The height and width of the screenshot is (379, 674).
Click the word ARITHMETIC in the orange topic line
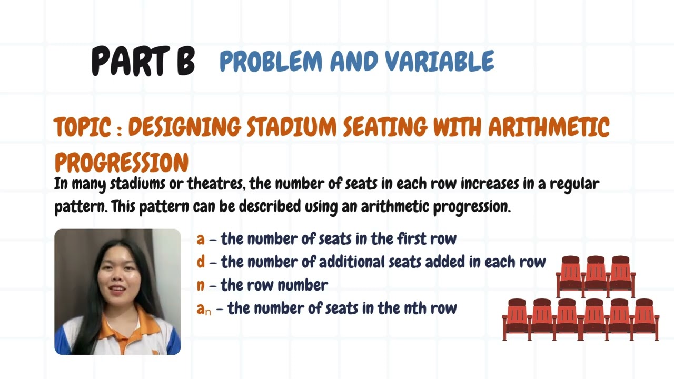pyautogui.click(x=549, y=127)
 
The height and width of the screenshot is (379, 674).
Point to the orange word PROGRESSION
pyautogui.click(x=122, y=163)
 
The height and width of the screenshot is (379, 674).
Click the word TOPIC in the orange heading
pyautogui.click(x=82, y=127)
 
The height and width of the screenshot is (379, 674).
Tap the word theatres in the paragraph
pyautogui.click(x=217, y=184)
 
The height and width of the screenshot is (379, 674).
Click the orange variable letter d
pyautogui.click(x=201, y=262)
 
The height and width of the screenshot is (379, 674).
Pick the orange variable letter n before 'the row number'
pyautogui.click(x=201, y=285)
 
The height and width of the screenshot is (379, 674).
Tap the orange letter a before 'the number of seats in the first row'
pyautogui.click(x=201, y=239)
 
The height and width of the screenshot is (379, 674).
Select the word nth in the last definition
pyautogui.click(x=415, y=308)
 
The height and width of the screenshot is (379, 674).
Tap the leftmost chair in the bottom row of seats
pyautogui.click(x=517, y=319)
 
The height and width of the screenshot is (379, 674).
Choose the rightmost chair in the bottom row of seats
pyautogui.click(x=645, y=319)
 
